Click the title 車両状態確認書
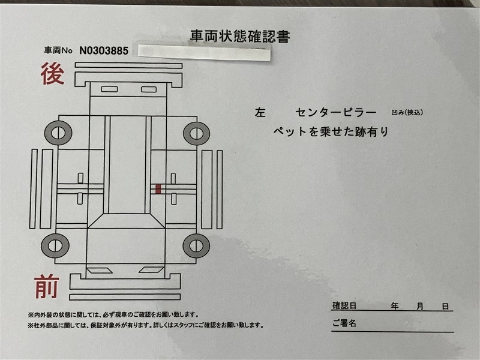[239, 37]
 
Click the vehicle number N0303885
[104, 50]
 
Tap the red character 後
[52, 73]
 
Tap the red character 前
[47, 287]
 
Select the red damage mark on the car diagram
[158, 188]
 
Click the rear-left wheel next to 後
[58, 133]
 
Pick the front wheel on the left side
[55, 245]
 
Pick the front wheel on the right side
[197, 245]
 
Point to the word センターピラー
[336, 113]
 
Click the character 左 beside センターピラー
[260, 113]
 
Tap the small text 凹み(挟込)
[407, 112]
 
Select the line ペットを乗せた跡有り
[331, 131]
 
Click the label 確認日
[344, 306]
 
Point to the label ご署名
[344, 323]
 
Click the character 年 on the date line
[395, 306]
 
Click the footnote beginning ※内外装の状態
[113, 314]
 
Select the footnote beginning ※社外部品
[146, 325]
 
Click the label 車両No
[58, 50]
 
